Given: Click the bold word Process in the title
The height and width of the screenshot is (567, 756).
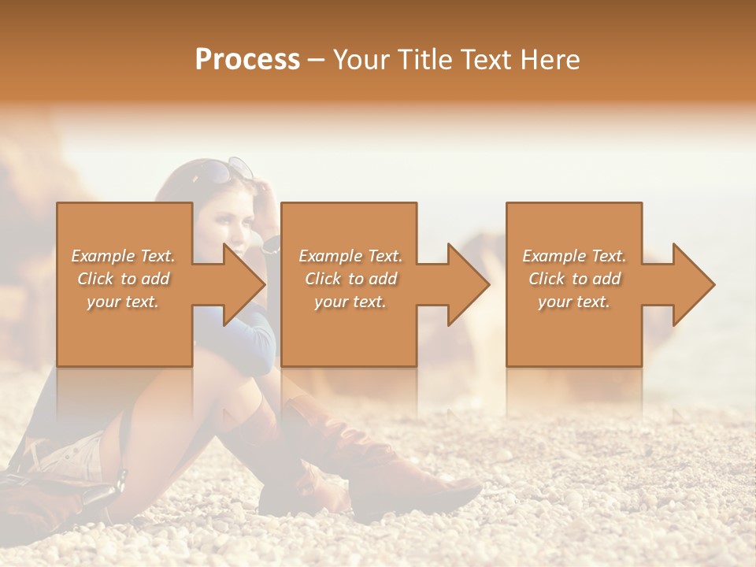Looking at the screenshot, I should click(x=247, y=60).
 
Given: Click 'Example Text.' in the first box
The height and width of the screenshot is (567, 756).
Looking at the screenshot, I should click(x=123, y=256).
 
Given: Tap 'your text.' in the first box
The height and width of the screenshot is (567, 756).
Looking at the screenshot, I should click(x=123, y=302).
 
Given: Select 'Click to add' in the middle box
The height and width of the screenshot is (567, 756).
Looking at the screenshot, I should click(x=350, y=279).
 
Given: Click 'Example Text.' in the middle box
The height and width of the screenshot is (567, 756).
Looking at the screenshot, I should click(x=350, y=256).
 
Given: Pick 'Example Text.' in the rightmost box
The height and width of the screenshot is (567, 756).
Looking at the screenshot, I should click(x=574, y=256).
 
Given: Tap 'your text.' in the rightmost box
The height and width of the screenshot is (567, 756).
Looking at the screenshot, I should click(x=574, y=302).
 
